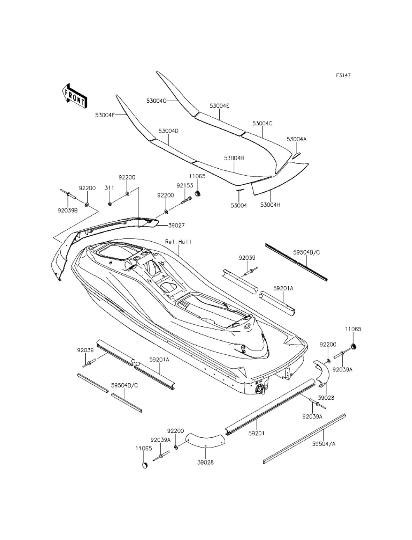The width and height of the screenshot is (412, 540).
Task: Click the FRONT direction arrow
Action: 75,96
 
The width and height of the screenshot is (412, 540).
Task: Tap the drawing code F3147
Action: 343,75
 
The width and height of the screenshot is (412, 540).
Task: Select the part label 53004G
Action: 156,101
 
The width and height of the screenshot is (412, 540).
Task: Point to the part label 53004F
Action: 105,115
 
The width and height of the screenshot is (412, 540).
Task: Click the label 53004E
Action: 219,106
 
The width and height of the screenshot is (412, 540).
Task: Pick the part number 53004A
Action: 297,139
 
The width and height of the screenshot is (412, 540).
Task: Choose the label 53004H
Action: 270,205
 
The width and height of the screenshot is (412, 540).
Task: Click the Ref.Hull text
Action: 178,242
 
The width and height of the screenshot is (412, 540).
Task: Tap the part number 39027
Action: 176,225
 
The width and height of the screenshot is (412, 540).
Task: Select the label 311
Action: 109,188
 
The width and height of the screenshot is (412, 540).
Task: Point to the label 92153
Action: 185,185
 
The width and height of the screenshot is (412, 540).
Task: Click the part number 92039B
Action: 68,210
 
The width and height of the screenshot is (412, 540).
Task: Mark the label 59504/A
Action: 324,444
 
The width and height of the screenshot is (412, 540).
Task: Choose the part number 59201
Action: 256,434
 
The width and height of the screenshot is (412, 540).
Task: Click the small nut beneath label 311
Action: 110,203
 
